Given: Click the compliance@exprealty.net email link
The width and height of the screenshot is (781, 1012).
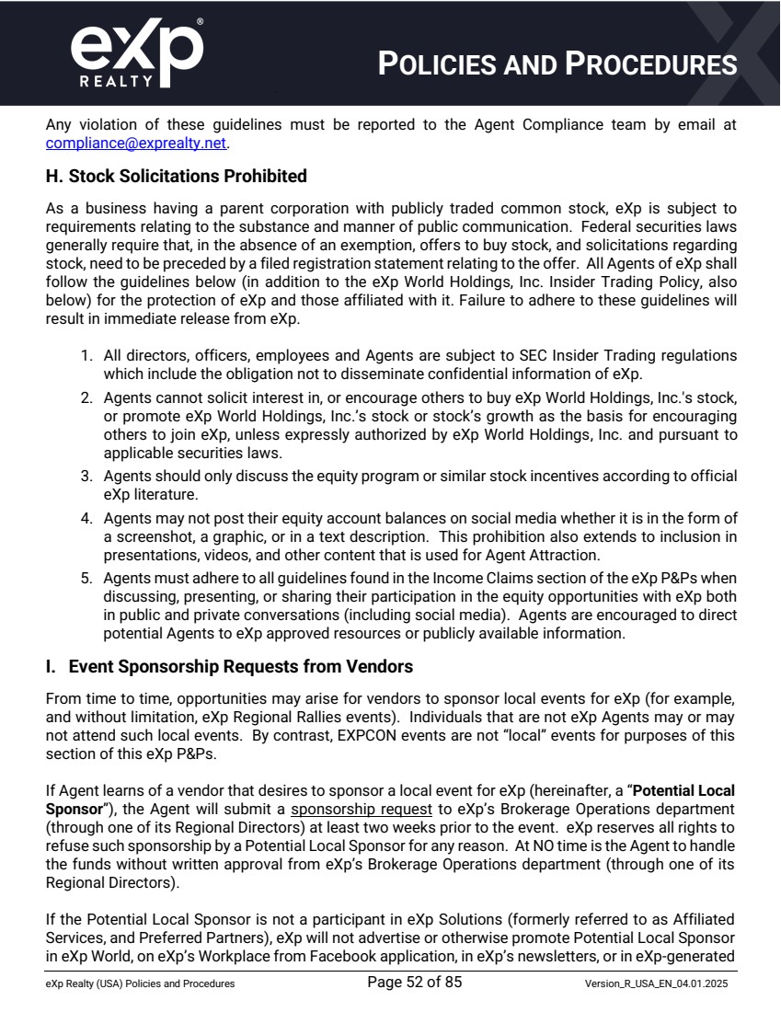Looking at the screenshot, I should [136, 144].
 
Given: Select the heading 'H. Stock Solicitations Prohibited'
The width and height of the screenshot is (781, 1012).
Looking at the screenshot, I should [176, 176].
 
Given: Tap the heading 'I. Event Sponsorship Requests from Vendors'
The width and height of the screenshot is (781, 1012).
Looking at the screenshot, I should [229, 666].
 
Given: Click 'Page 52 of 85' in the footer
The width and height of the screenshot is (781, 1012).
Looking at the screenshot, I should [414, 983].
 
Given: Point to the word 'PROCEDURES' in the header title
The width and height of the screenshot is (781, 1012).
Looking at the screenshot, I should [651, 64].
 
